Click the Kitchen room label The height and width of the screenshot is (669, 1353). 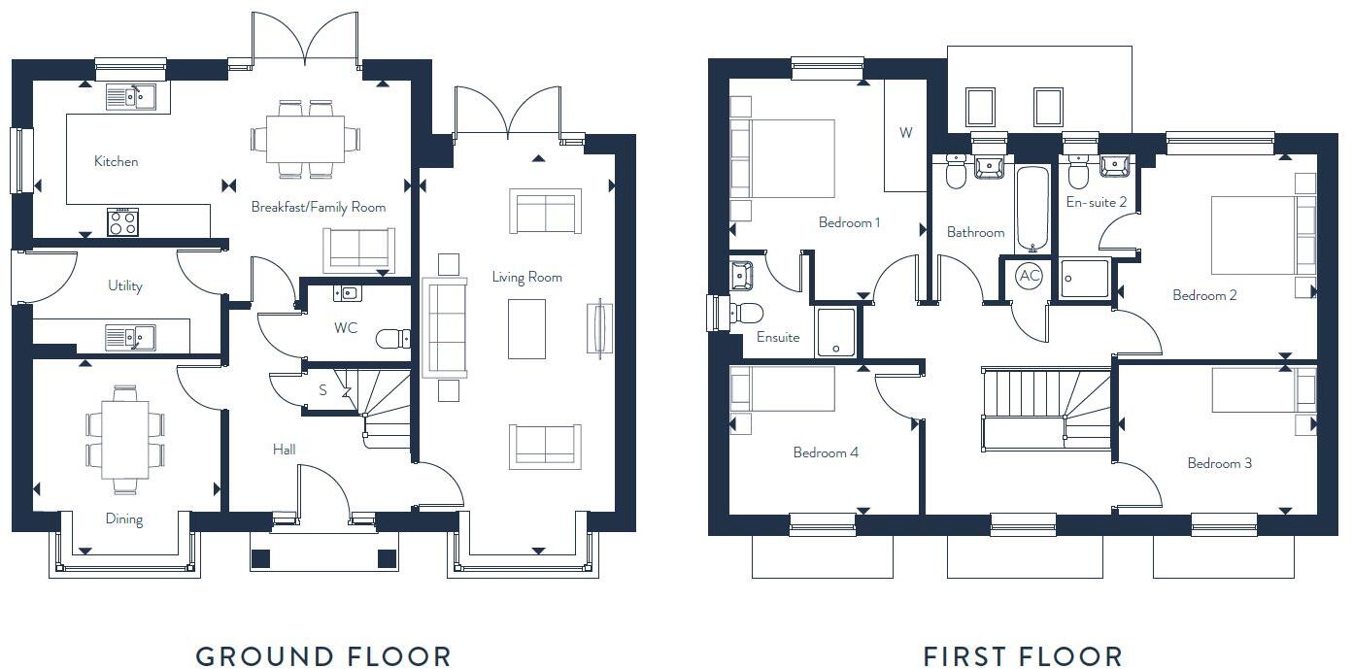point(116,161)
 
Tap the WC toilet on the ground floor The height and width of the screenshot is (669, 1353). point(392,339)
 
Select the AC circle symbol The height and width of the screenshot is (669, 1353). point(1029,277)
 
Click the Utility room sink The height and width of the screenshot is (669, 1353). point(128,337)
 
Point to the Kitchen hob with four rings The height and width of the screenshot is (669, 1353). point(122,222)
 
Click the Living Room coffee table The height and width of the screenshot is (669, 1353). point(526,328)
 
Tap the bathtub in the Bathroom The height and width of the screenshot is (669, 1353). point(1032,209)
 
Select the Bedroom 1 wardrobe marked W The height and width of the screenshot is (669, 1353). point(905,134)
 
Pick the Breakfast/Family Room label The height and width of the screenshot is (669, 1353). point(318,207)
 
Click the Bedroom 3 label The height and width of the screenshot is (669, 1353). point(1219,463)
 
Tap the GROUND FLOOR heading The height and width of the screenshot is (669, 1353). point(322,656)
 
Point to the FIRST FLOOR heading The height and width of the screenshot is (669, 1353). point(1023,656)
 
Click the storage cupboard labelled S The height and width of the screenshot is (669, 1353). point(323,391)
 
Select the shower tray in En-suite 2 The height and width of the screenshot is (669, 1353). point(1084,278)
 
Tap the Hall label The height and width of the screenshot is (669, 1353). point(284,450)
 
